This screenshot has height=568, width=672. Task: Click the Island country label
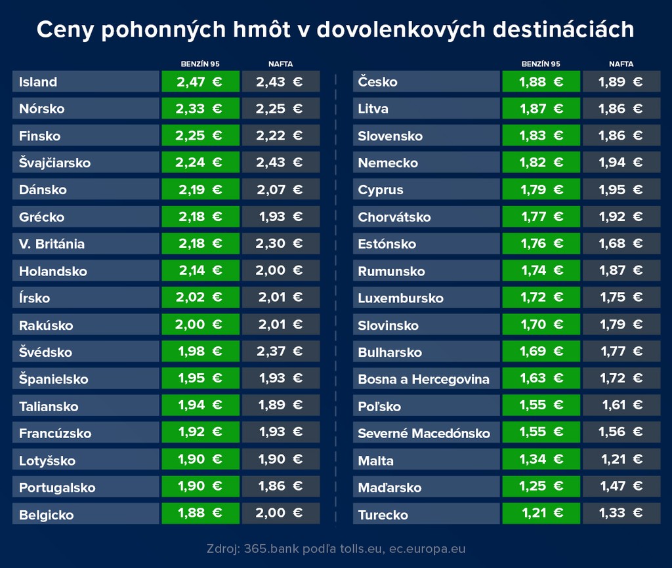(x=38, y=82)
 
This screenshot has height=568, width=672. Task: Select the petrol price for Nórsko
(x=199, y=109)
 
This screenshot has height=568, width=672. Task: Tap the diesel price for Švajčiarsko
(x=280, y=163)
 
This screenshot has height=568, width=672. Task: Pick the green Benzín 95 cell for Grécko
(x=199, y=216)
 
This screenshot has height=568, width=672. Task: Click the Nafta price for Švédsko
(x=280, y=352)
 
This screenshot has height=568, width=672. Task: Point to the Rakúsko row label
(x=46, y=325)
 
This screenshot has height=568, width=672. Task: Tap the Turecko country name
(x=383, y=515)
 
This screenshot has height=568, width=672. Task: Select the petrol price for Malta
(x=541, y=459)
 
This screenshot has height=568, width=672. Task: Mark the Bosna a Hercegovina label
(x=424, y=379)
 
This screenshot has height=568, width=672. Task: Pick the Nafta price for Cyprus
(x=621, y=190)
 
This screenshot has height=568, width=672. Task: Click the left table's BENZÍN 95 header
(x=200, y=64)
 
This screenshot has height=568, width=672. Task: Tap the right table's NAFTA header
(x=621, y=64)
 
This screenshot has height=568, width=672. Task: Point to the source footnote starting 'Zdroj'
(x=335, y=548)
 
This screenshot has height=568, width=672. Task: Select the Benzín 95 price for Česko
(x=541, y=82)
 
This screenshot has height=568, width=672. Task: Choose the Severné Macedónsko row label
(x=424, y=433)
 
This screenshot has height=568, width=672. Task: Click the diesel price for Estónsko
(x=621, y=243)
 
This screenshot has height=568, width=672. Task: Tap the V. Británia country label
(x=52, y=244)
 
